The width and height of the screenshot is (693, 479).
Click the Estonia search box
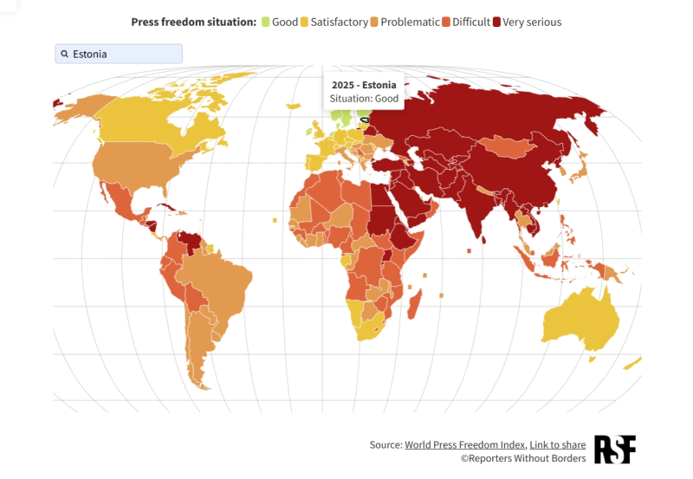pos(119,54)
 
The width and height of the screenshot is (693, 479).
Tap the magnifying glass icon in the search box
pos(65,54)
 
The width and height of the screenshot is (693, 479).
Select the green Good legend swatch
pos(265,22)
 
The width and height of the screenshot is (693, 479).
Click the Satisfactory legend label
pos(340,22)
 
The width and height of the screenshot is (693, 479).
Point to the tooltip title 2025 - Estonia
pos(364,85)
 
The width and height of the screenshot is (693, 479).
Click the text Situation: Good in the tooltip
pos(364,99)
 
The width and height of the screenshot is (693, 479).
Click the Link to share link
pos(557,444)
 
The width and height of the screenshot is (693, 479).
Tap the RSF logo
pos(615,450)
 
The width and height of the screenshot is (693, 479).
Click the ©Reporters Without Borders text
pos(522,458)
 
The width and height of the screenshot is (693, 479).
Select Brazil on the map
pos(217,277)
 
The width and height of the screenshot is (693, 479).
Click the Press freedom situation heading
pos(193,22)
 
